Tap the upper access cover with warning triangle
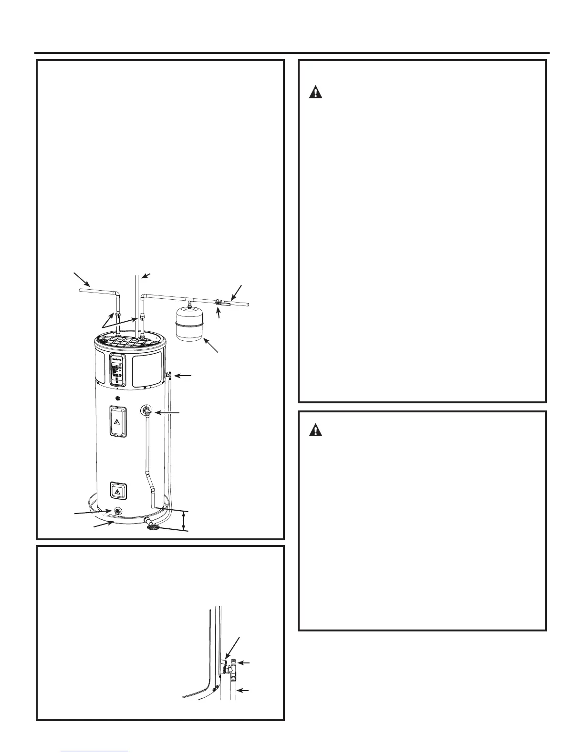[x=116, y=421]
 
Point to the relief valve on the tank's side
[x=146, y=410]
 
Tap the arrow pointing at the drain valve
[x=93, y=513]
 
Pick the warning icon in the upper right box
[x=315, y=92]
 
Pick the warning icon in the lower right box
[x=315, y=430]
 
